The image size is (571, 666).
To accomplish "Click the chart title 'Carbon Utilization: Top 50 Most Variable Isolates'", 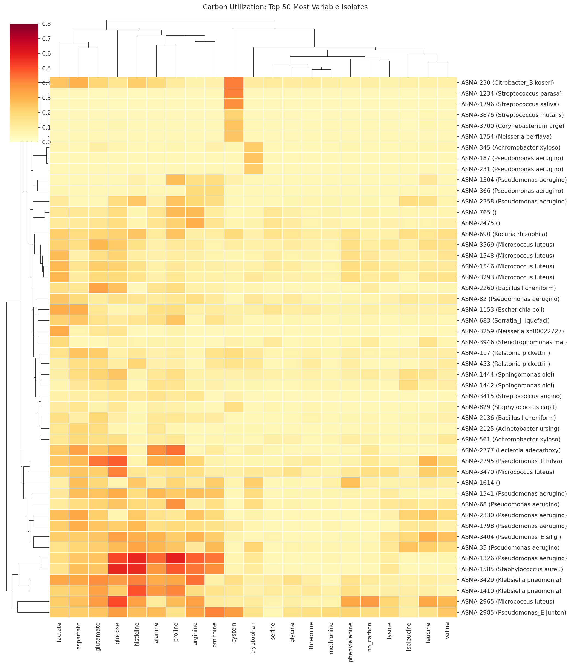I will (285, 7).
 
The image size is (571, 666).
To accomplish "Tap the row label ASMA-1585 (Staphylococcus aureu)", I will (512, 569).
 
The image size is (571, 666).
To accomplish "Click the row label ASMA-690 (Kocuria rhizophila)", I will (504, 234).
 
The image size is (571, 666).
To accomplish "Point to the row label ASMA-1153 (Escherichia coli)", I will (503, 309).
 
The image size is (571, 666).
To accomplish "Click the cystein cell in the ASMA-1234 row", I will (234, 94).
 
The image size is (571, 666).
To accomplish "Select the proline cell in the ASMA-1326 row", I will (176, 558).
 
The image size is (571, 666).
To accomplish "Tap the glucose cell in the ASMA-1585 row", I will (118, 569).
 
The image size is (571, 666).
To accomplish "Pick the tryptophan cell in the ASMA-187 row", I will (253, 158).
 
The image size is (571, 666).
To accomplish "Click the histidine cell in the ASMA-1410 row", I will (137, 591).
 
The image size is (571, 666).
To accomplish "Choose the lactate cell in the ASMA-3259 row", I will (59, 331).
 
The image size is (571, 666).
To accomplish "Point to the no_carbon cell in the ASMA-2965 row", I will (370, 601).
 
